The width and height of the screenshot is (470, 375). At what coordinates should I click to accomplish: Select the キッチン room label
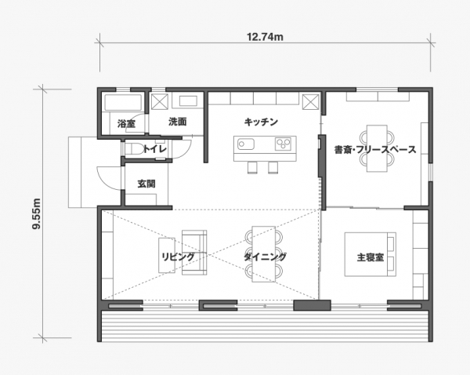261,122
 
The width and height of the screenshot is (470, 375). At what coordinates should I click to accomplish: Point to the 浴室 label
126,124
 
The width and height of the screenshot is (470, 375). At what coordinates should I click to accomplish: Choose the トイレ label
154,148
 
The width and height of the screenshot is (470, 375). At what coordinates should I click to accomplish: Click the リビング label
178,257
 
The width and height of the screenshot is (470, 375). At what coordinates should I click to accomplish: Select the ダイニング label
265,257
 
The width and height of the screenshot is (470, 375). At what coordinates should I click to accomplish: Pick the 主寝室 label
370,257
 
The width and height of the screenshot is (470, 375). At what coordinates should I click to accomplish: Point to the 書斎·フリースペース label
374,148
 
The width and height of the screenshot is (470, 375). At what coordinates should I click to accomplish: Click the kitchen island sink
244,144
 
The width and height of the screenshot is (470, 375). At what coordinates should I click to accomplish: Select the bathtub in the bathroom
122,104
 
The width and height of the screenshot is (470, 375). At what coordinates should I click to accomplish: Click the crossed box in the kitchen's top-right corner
311,102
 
